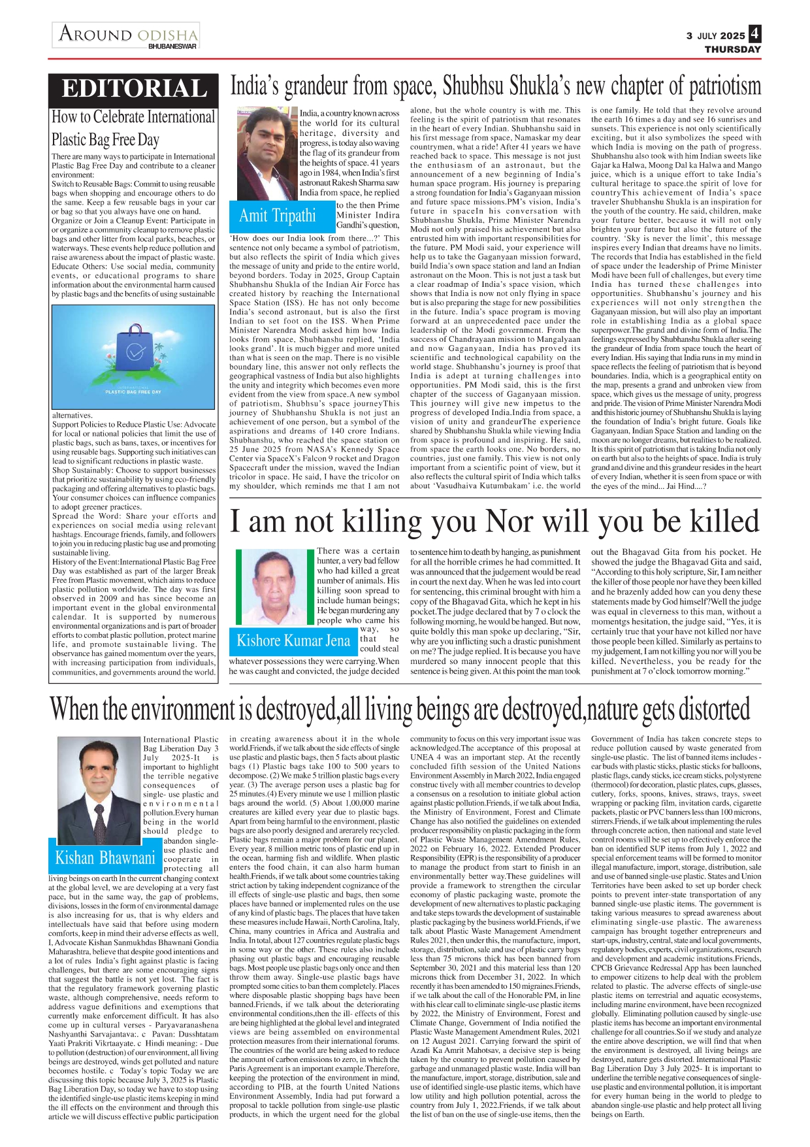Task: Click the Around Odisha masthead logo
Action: [x=127, y=33]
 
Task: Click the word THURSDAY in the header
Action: [x=732, y=50]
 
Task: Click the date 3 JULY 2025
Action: [x=715, y=36]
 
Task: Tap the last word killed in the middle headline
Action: [x=715, y=522]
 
